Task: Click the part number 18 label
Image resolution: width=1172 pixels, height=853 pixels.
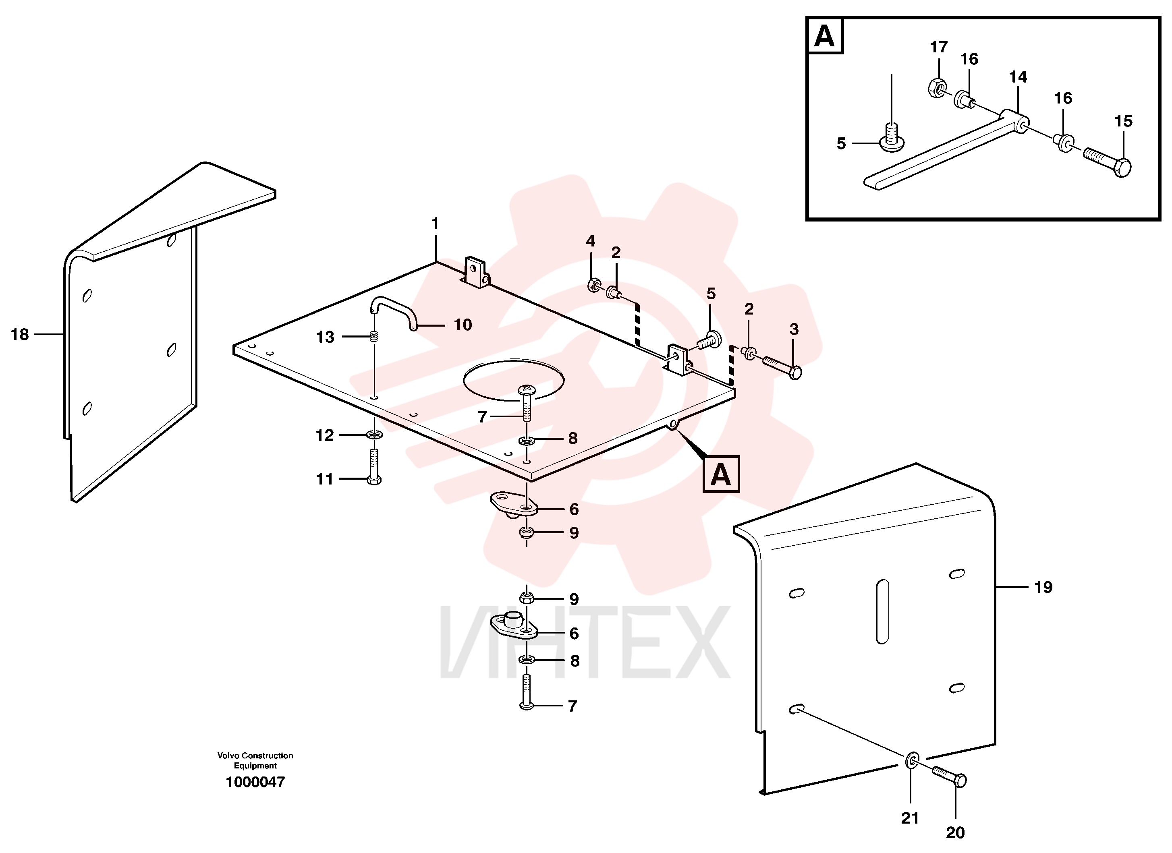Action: (x=20, y=334)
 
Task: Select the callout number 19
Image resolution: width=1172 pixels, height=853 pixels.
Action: (x=1043, y=588)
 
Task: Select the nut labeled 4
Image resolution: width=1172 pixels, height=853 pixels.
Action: (x=594, y=285)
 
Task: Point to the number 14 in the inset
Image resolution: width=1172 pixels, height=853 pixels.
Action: (x=1018, y=77)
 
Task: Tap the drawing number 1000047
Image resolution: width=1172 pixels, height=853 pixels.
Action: (x=255, y=782)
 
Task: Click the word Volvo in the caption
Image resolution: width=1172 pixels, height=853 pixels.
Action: (x=228, y=756)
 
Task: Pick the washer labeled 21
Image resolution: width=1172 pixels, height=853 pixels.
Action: (x=913, y=760)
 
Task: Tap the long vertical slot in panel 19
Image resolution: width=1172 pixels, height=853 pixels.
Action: (x=883, y=611)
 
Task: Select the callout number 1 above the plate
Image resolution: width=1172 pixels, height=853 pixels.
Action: (x=435, y=224)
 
